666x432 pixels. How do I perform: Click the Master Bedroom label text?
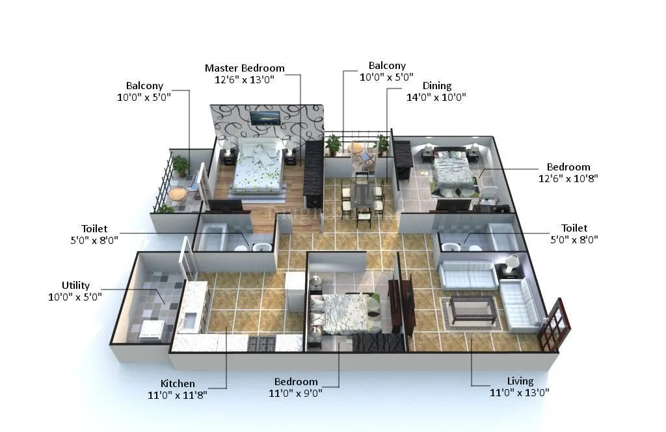point(245,68)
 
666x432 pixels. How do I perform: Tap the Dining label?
point(436,86)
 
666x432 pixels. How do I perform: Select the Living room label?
point(520,381)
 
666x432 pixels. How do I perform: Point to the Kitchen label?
point(178,384)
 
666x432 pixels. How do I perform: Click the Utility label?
point(75,286)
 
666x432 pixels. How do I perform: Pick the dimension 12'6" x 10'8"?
point(568,178)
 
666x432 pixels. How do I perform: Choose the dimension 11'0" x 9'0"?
point(296,392)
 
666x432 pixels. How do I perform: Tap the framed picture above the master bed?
point(265,117)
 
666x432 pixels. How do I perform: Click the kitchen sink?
point(191,321)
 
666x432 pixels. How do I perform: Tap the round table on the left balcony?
point(176,194)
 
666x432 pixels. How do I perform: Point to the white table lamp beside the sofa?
point(512,262)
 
